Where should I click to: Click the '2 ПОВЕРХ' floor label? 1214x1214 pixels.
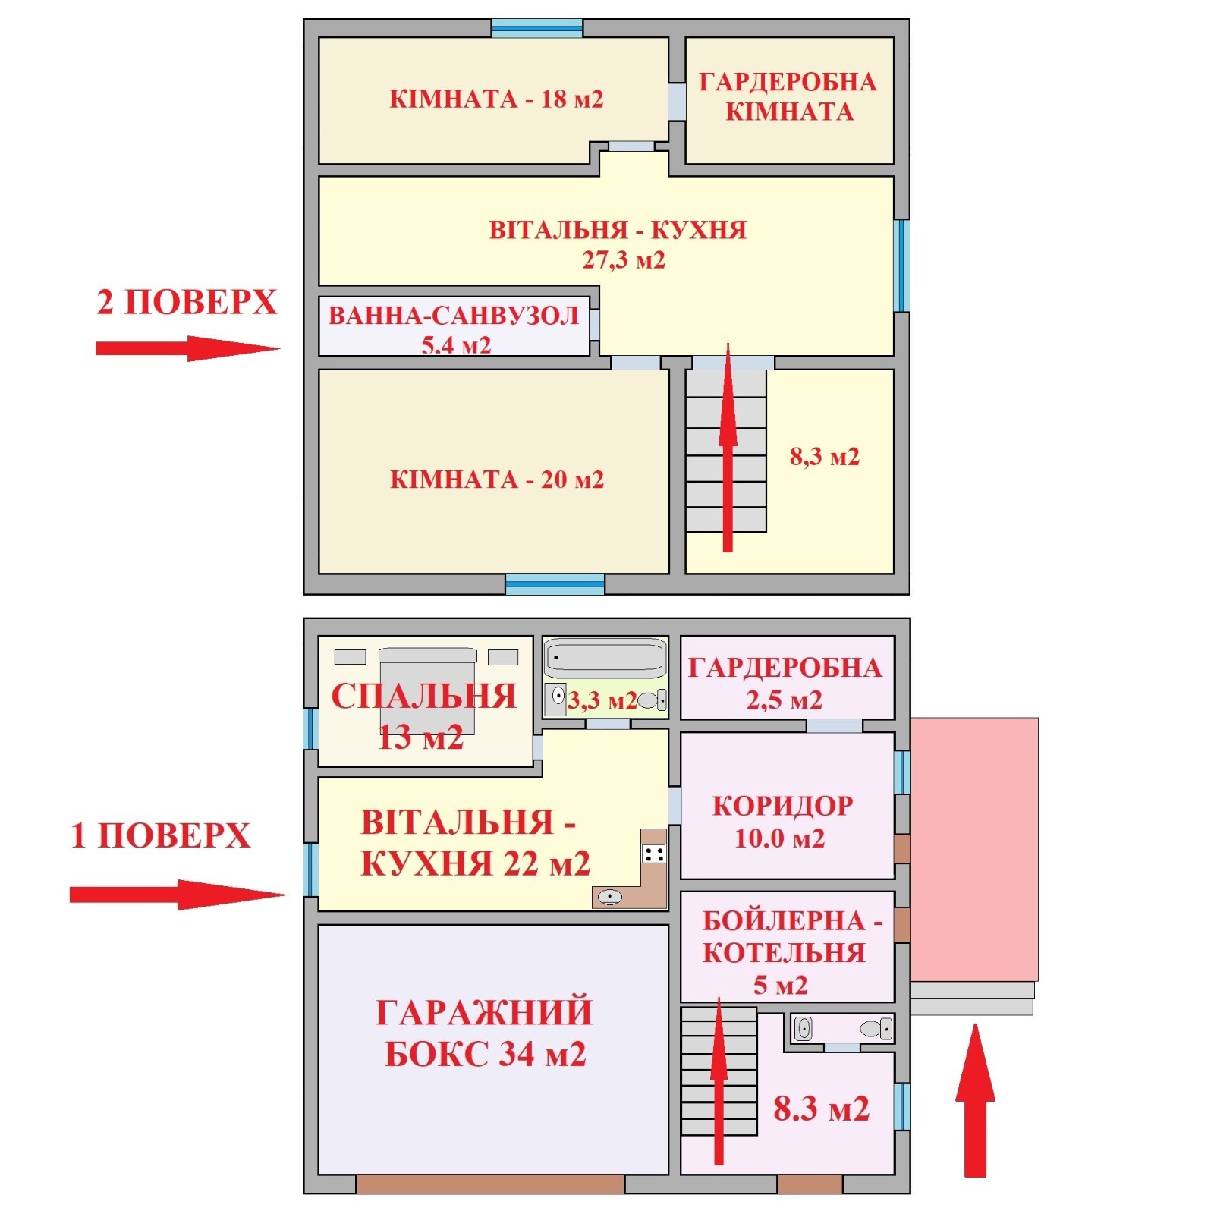coord(187,302)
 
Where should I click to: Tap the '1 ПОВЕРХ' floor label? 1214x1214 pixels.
coord(160,835)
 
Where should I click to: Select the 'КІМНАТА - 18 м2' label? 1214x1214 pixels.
coord(496,99)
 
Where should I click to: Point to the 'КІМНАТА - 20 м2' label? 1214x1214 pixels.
coord(497,480)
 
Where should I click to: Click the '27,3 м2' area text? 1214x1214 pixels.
coord(624,260)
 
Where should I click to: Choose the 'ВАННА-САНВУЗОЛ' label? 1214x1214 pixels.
coord(454,315)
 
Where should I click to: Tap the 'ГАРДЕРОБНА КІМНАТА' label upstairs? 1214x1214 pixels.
coord(788,96)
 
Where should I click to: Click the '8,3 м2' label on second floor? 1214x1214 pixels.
coord(825,457)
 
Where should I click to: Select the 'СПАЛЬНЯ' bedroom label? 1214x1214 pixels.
coord(424,697)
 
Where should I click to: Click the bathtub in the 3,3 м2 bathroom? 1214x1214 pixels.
coord(605,657)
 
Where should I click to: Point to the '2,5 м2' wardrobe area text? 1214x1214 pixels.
coord(785,700)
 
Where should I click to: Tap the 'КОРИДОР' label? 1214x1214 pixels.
coord(783,806)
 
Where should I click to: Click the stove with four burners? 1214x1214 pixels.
coord(654,854)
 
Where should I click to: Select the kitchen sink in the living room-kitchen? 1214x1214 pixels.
coord(610,898)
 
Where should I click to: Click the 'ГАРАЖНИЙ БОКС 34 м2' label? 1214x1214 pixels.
coord(485,1033)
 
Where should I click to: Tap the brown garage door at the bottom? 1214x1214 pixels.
coord(490,1184)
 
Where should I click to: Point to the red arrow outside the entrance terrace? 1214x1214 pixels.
coord(975,1100)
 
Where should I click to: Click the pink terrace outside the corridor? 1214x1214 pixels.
coord(974,850)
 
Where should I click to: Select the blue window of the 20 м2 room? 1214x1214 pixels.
coord(555,583)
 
